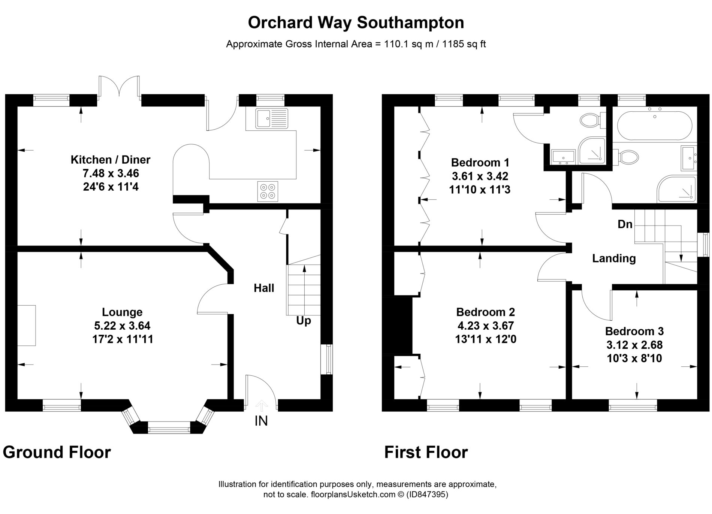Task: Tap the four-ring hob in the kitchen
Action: tap(268, 191)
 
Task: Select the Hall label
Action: tap(264, 288)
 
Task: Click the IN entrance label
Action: tap(261, 421)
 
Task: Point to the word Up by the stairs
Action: tap(304, 321)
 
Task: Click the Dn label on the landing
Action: tap(625, 224)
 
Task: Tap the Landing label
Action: tap(614, 258)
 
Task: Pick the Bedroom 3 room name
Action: tap(634, 331)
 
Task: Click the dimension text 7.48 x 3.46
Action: tap(111, 173)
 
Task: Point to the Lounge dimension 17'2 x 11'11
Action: tap(123, 339)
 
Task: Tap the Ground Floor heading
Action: tap(57, 452)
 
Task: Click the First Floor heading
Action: tap(426, 452)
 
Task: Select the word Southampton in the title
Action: tap(410, 23)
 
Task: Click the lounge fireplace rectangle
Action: tap(27, 325)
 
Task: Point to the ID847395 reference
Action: tap(428, 495)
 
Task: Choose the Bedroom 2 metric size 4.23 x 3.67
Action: tap(485, 326)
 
